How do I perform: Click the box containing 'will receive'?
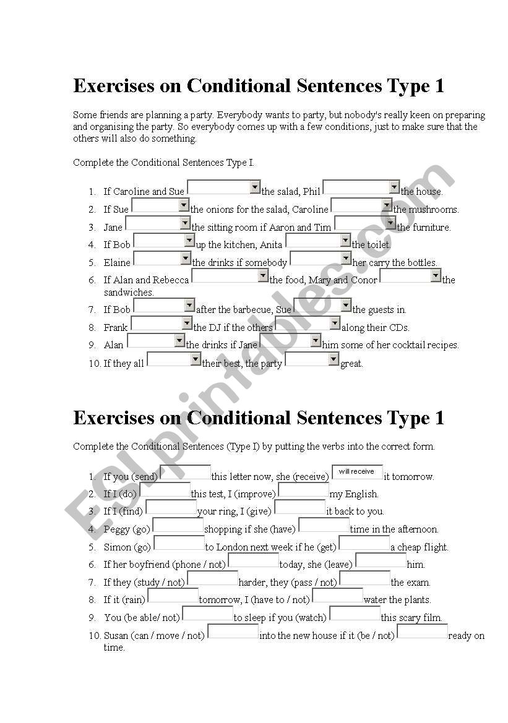(357, 472)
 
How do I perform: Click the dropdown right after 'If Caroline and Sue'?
(223, 187)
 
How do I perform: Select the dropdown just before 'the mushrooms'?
(361, 205)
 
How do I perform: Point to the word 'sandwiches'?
(129, 292)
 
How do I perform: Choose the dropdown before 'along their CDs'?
(308, 323)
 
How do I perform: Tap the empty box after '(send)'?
(185, 472)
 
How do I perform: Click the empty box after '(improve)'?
(303, 490)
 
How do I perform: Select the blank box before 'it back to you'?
(299, 507)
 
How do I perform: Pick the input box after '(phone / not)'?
(253, 560)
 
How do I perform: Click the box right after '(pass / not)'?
(364, 578)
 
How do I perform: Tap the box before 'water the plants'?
(337, 596)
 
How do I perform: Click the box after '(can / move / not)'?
(233, 631)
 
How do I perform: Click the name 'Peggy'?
(117, 529)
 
